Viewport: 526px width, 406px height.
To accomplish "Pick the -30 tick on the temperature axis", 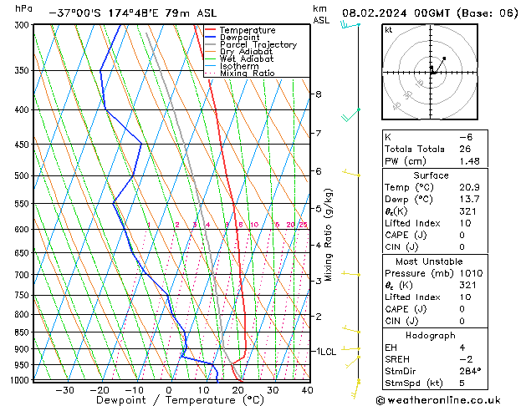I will [x=64, y=390].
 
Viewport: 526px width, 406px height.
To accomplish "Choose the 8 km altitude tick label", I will [x=319, y=94].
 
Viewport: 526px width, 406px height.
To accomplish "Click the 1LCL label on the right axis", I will [x=324, y=352].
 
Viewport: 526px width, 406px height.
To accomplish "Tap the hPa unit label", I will [x=24, y=8].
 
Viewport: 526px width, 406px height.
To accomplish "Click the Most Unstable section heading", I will [x=448, y=261].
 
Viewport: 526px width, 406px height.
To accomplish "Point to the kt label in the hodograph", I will [x=389, y=29].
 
